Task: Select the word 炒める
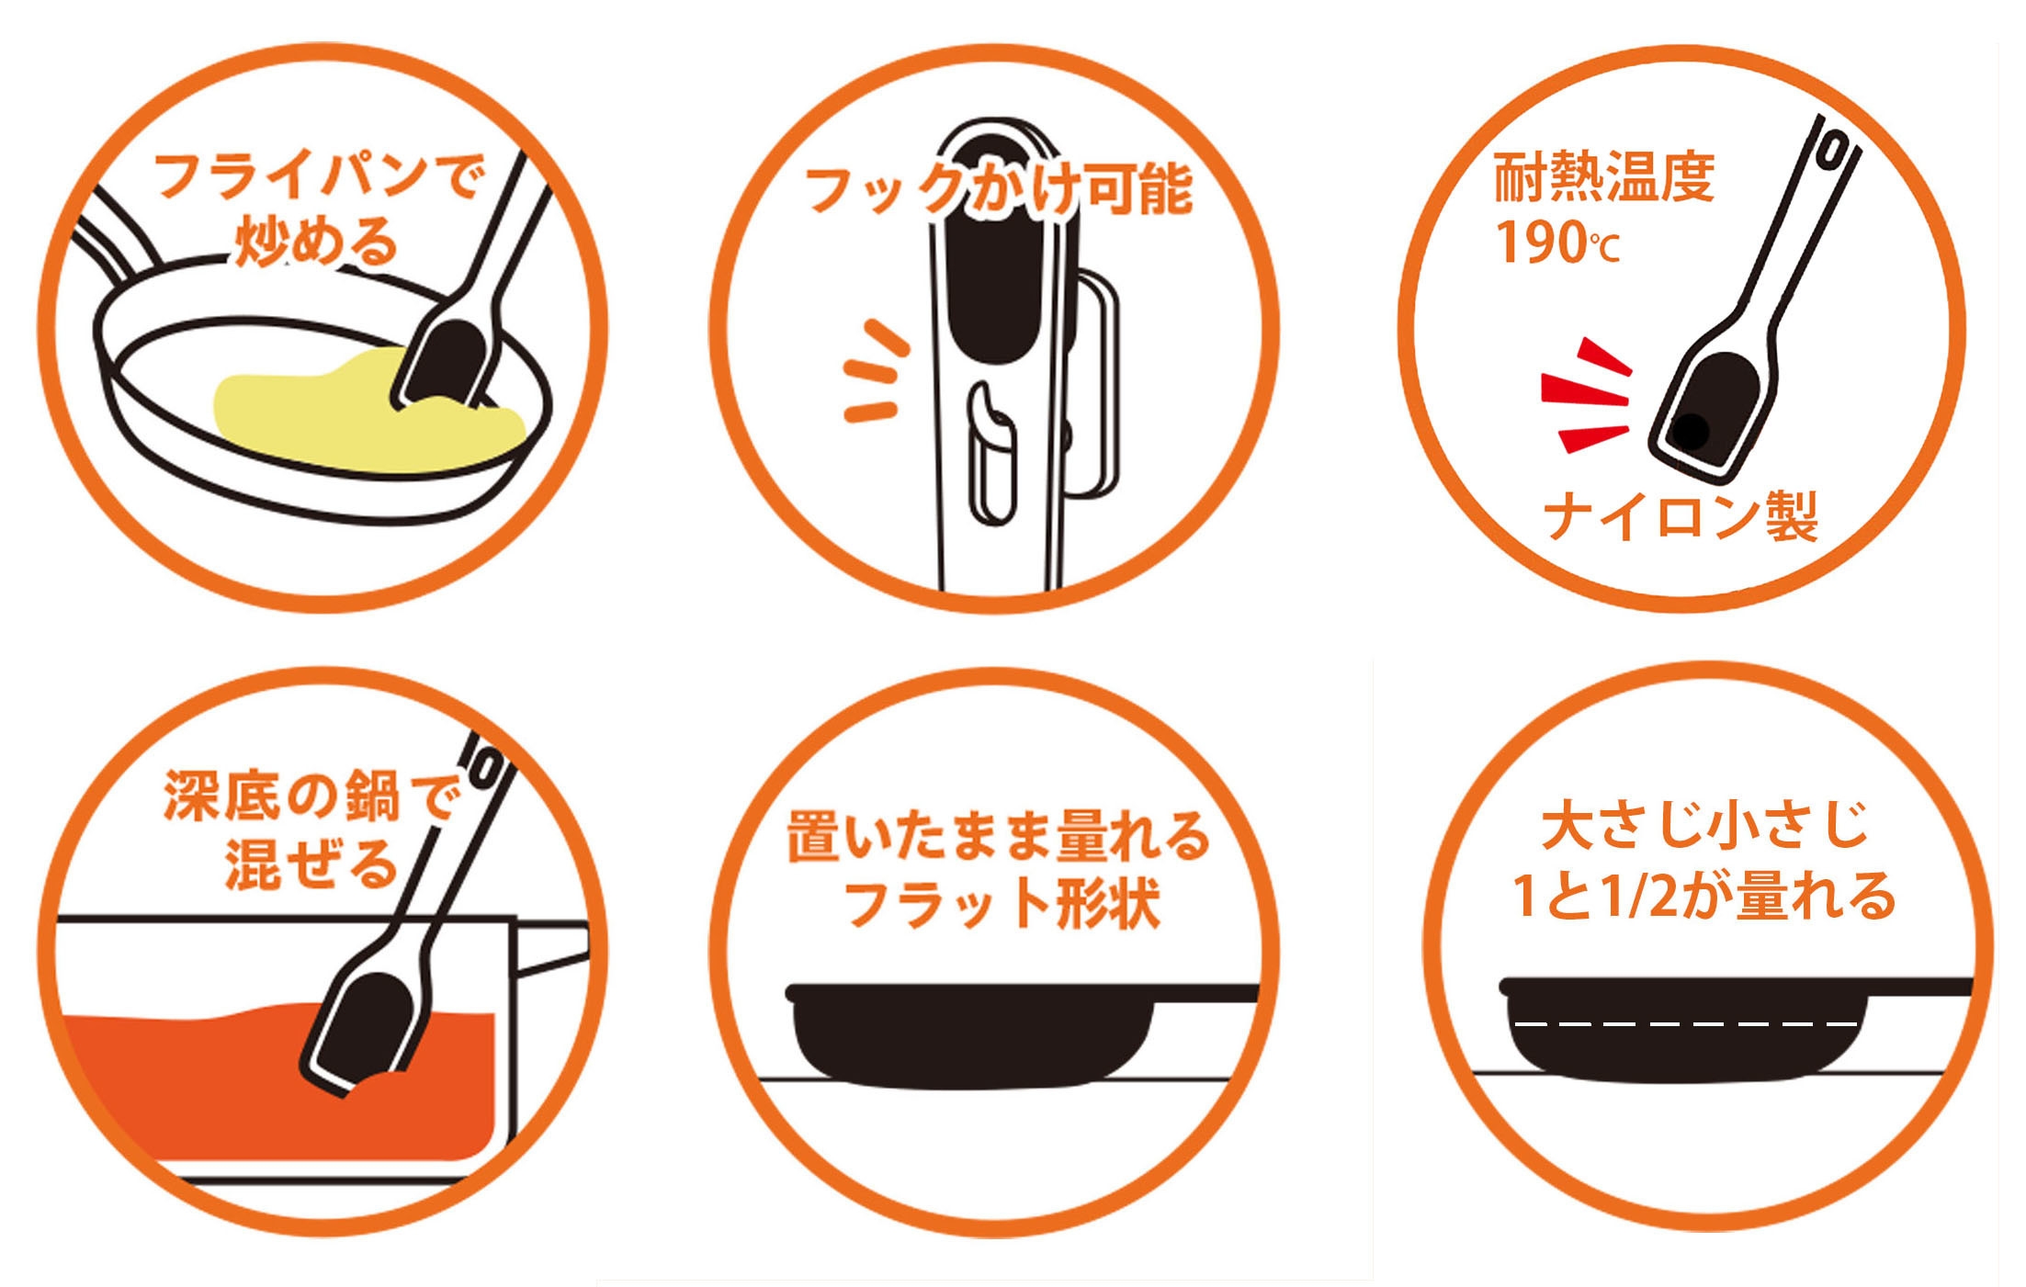pos(316,241)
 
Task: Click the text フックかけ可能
pos(998,190)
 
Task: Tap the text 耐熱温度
pos(1603,176)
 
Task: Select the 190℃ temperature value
pos(1557,243)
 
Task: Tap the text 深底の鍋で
pos(310,796)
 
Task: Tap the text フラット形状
pos(1002,903)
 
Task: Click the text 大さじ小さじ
pos(1703,824)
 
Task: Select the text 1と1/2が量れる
pos(1704,895)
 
